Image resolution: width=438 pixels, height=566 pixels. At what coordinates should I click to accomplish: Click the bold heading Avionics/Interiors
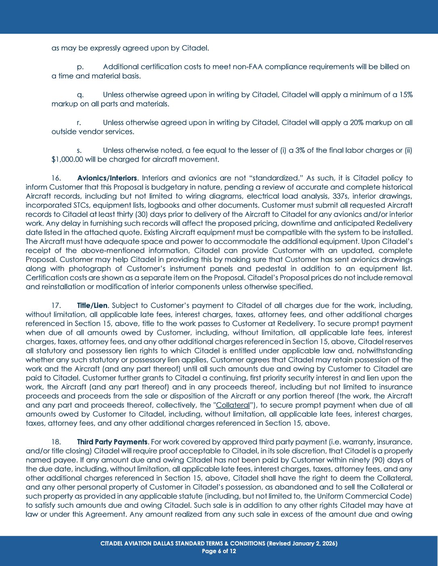click(x=107, y=178)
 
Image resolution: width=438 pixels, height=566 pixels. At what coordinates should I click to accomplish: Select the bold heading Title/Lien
click(x=92, y=306)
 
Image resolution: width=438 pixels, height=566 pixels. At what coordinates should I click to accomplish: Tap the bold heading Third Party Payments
click(x=112, y=442)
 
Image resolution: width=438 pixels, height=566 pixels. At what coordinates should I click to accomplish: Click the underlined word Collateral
click(x=233, y=405)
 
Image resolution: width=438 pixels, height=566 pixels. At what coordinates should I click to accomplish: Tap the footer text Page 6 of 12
click(x=219, y=551)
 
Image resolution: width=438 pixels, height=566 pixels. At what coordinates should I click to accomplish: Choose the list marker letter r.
click(x=79, y=123)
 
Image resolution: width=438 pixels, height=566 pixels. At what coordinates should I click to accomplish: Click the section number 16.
click(x=56, y=178)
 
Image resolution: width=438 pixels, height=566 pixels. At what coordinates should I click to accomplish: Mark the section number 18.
click(x=56, y=442)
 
